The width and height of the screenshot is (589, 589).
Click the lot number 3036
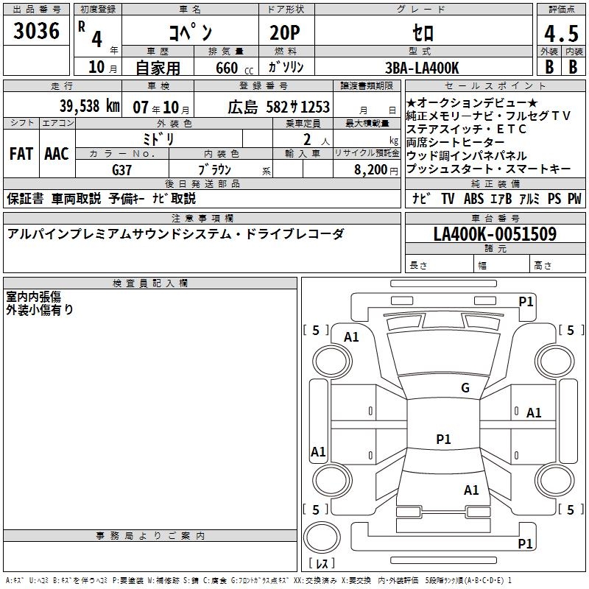36,30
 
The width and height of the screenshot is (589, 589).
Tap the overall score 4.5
561,33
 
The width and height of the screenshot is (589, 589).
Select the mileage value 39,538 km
90,106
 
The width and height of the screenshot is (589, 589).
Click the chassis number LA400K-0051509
495,234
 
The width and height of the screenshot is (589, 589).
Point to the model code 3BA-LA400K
422,68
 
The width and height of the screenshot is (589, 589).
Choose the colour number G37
121,170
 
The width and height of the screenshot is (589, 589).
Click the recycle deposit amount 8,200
370,170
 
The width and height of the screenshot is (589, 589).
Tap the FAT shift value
21,154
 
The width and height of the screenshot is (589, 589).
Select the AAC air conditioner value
57,154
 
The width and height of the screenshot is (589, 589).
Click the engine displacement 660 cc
234,68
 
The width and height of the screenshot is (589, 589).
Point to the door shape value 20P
285,32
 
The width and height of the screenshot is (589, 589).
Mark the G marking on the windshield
465,387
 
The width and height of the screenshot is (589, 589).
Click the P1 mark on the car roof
443,439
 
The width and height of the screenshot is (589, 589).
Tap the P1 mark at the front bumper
526,301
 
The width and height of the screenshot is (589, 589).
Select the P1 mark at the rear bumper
525,543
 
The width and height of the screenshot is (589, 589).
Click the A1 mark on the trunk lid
471,490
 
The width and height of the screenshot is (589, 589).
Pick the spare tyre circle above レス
322,537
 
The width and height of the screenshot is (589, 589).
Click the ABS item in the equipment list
473,199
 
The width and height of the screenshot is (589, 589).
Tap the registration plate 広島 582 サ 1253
278,107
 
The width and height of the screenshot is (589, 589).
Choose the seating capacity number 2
307,140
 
